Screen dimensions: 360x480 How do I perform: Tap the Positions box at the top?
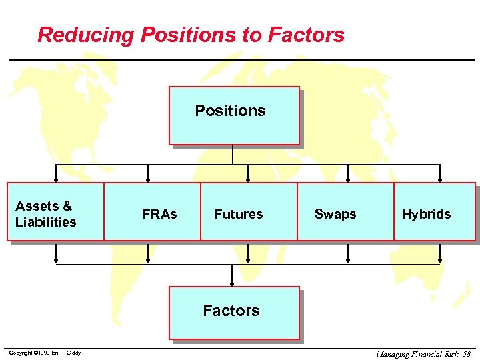[x=233, y=115]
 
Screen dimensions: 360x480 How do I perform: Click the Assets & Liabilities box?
[x=55, y=211]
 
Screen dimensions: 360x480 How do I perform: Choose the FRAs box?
[x=153, y=211]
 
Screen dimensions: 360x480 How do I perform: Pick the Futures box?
[x=248, y=211]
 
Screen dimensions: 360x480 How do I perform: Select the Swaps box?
[x=345, y=211]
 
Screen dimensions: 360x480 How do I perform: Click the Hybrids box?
[x=434, y=211]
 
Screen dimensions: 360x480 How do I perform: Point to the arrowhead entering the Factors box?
[x=232, y=283]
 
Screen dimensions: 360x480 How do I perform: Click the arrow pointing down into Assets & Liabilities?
[x=56, y=178]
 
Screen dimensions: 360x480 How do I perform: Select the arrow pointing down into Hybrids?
[x=439, y=178]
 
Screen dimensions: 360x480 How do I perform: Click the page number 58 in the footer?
[x=467, y=354]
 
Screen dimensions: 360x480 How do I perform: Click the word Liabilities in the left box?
[x=46, y=222]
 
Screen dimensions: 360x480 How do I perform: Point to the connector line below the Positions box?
[x=232, y=155]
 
